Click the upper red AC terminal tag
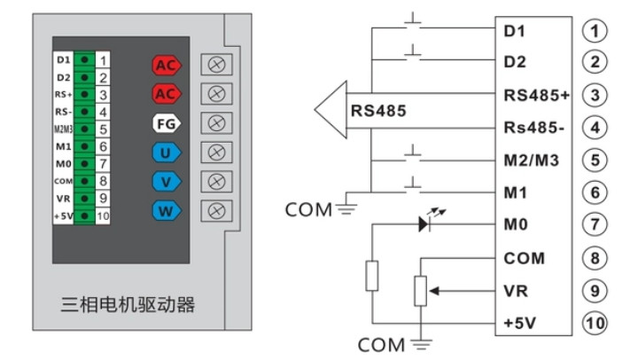(x=167, y=65)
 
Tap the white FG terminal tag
(x=167, y=123)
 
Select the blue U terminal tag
(x=167, y=153)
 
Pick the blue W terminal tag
(x=167, y=211)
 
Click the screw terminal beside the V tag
(x=216, y=182)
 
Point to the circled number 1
(x=595, y=31)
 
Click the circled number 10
(x=595, y=323)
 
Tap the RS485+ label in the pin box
(x=536, y=95)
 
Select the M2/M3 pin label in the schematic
(x=531, y=160)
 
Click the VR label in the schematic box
(x=516, y=291)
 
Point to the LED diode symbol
(x=424, y=224)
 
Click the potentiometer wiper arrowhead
(x=433, y=291)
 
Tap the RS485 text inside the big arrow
(x=378, y=111)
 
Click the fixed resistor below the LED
(x=372, y=276)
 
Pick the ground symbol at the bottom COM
(x=421, y=345)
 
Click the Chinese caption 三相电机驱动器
(x=128, y=305)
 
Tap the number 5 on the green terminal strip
(x=103, y=129)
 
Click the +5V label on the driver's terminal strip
(x=64, y=215)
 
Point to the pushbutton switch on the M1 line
(x=413, y=185)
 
